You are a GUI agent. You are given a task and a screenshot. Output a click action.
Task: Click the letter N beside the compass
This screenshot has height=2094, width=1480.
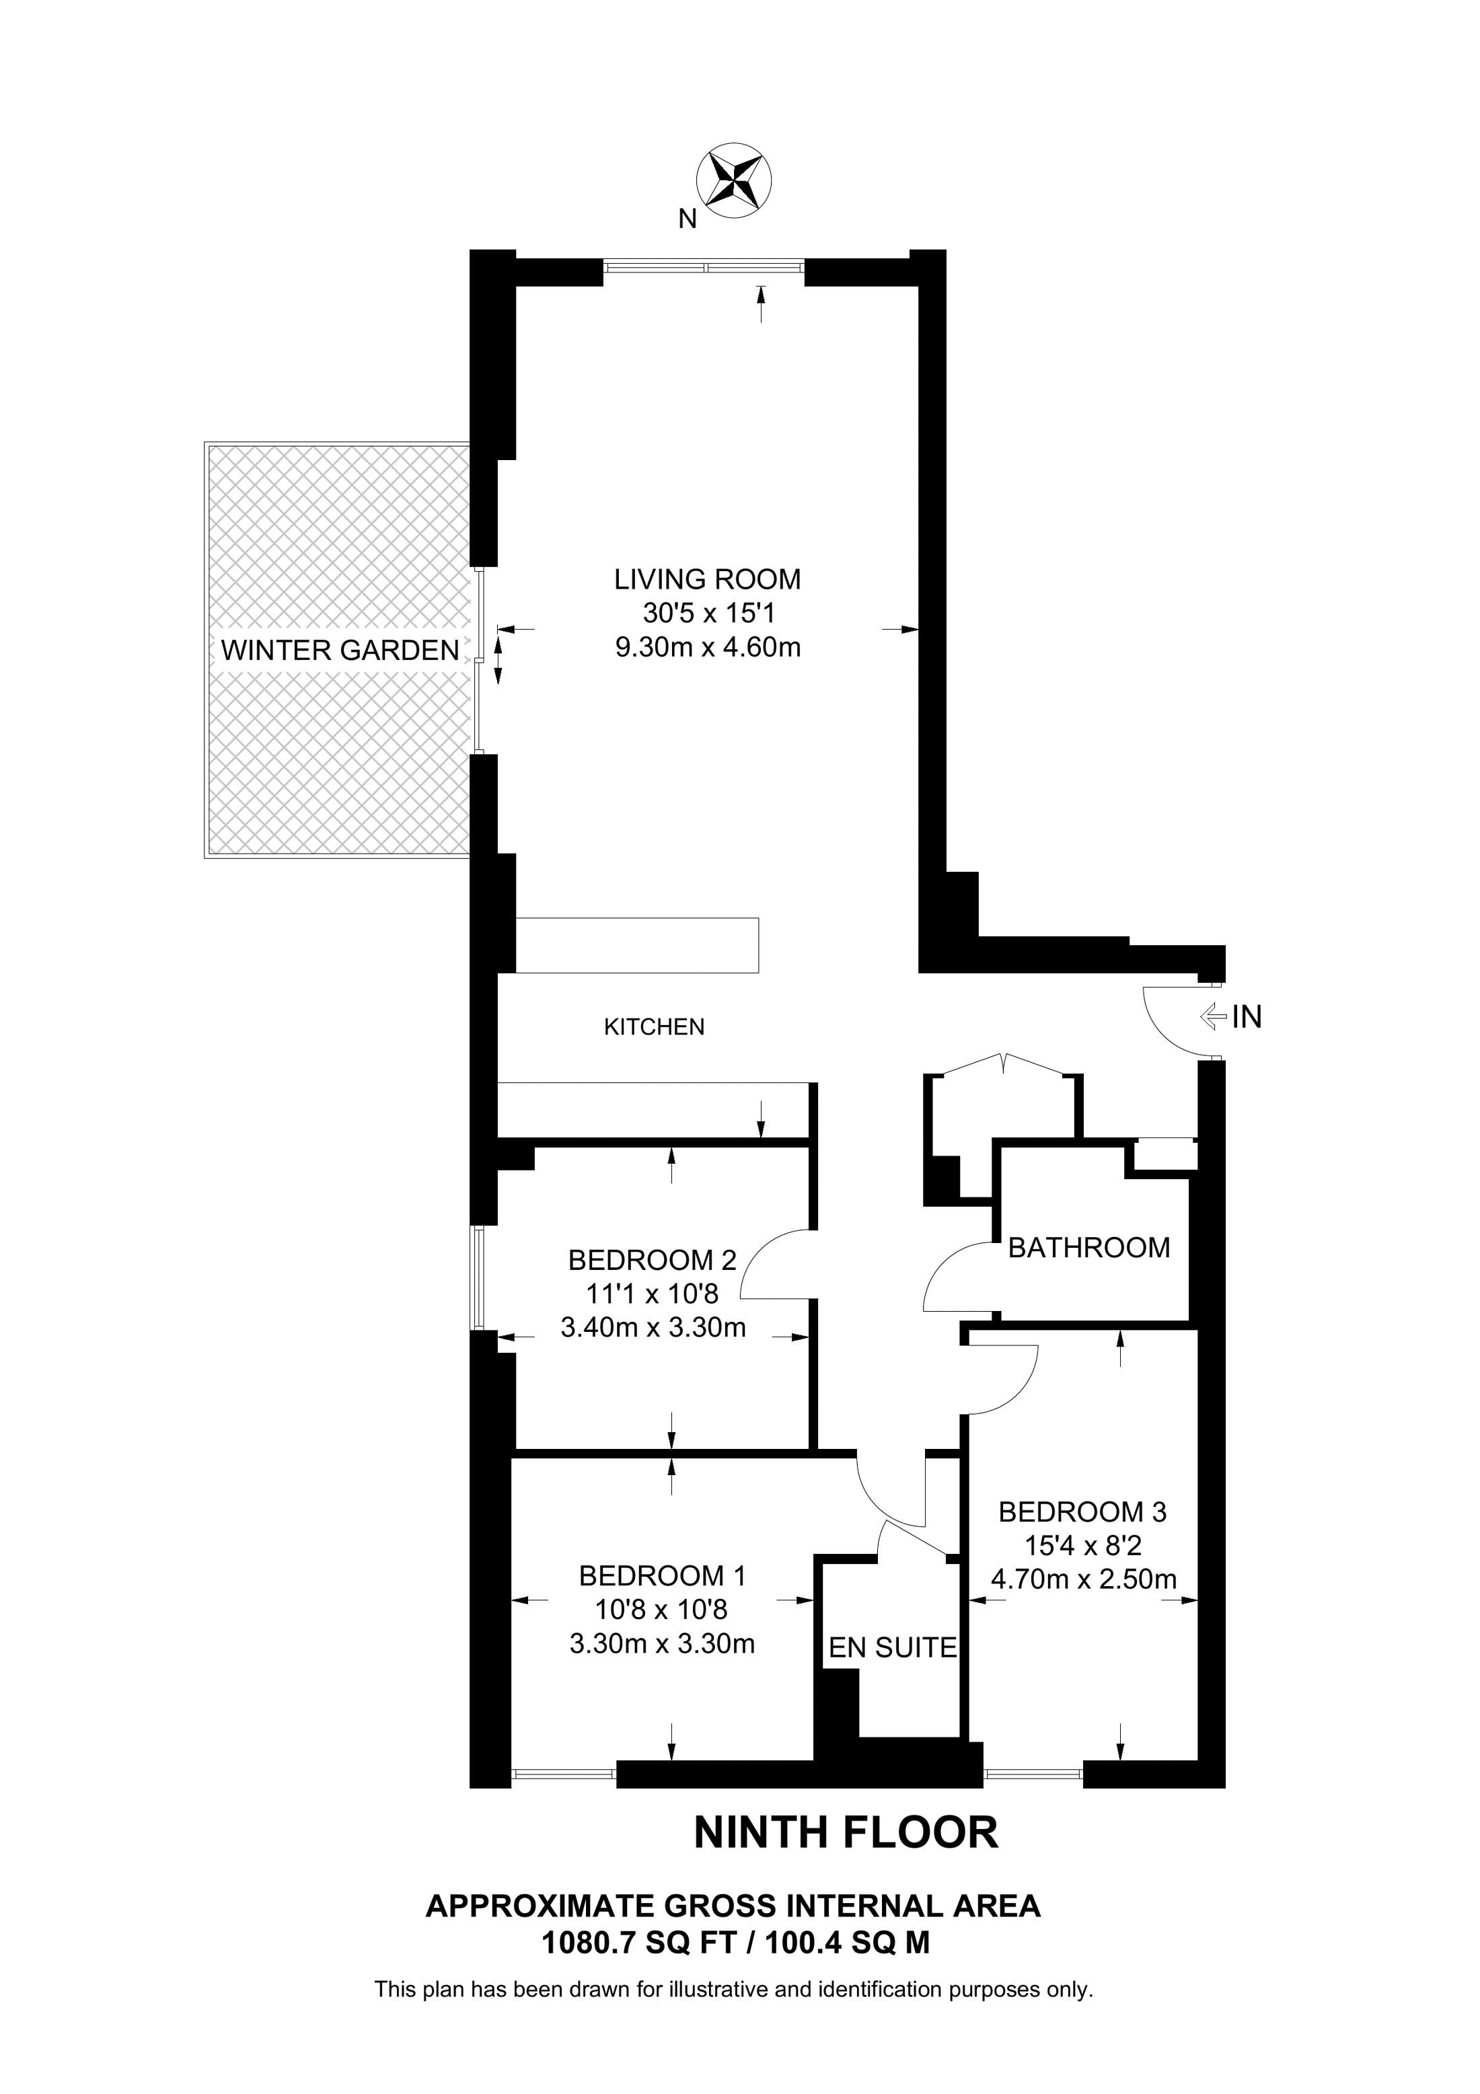coord(688,219)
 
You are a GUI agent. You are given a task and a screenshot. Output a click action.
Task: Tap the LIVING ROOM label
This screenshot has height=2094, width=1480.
coord(707,579)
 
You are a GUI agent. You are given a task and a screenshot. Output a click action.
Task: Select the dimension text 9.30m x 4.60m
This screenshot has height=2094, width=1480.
coord(708,648)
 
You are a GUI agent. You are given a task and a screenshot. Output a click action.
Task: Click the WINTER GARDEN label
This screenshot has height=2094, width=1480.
coord(340,650)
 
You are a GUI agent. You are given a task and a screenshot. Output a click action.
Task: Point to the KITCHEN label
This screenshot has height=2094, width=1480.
coord(654,1027)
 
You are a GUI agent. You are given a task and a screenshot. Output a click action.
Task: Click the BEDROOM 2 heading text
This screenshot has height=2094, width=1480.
coord(652,1261)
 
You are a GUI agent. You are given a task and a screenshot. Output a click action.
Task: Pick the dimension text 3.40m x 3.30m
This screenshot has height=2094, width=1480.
coord(653,1327)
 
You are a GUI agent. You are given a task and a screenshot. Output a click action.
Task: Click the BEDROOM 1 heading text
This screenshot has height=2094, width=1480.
coord(662,1576)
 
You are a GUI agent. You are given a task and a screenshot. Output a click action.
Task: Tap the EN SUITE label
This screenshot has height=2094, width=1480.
coord(892,1647)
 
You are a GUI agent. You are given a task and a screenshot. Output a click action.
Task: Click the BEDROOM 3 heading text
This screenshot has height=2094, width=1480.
coord(1082,1512)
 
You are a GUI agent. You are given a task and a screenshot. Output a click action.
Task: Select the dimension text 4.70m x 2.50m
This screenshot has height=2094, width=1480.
coord(1083,1579)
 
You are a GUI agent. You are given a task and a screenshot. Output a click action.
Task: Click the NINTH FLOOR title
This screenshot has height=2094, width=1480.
coord(846,1832)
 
